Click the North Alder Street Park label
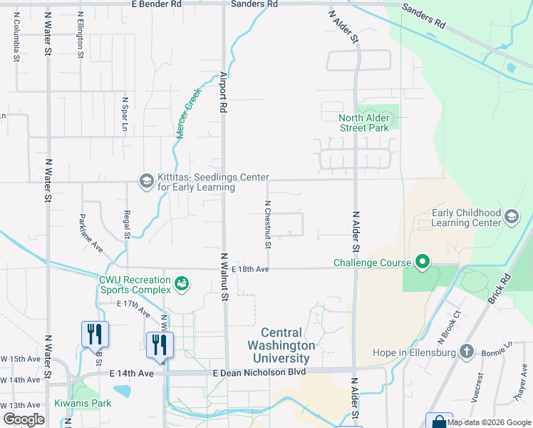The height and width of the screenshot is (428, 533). (363, 123)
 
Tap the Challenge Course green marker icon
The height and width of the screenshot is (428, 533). (422, 263)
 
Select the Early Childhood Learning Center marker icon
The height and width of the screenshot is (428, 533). (511, 217)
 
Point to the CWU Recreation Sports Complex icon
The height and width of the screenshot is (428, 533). (182, 284)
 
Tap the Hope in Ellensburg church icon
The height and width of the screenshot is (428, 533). (466, 352)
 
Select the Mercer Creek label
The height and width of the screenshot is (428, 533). (185, 118)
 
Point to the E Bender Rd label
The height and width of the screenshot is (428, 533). (157, 4)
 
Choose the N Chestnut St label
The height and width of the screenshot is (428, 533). (268, 224)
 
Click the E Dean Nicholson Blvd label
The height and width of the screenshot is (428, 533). (259, 372)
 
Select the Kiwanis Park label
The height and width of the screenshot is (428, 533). (83, 403)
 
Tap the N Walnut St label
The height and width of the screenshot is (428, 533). (223, 277)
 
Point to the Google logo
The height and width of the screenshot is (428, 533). (23, 419)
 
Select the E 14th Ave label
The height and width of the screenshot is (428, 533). (131, 373)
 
